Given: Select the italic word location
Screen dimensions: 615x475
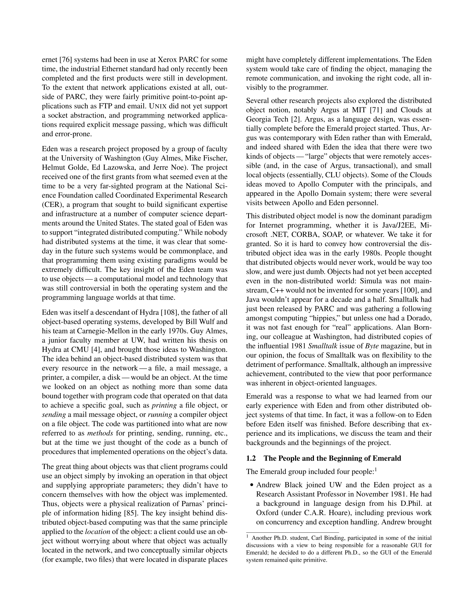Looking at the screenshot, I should click(x=97, y=532).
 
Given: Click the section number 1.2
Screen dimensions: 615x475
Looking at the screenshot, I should click(x=251, y=458).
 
